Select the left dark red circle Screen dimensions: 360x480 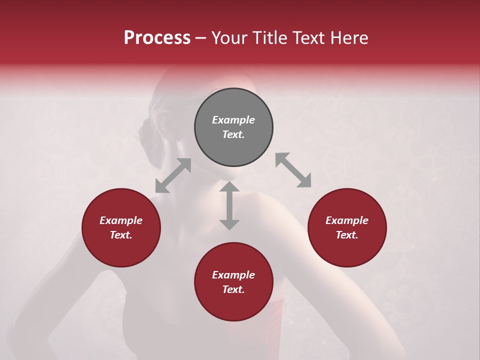point(121,227)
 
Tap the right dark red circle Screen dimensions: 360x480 point(347,227)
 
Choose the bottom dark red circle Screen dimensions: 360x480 point(233,282)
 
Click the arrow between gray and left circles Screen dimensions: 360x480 point(173,175)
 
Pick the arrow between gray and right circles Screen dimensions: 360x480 point(293,170)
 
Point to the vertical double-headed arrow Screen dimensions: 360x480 point(229,205)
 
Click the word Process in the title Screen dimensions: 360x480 point(157,38)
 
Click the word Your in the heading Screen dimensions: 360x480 point(229,38)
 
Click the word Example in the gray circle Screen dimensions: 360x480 point(233,120)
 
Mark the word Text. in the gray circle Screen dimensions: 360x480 point(233,134)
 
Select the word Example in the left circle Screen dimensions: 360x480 point(121,220)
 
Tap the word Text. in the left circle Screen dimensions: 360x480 point(121,235)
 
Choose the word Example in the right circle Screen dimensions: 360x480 point(347,220)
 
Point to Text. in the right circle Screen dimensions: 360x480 point(347,235)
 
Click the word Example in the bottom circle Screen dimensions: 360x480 point(233,275)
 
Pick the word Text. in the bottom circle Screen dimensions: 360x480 point(233,289)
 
